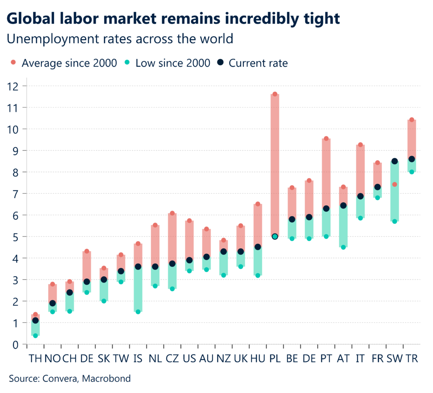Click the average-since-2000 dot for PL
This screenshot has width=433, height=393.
tap(275, 94)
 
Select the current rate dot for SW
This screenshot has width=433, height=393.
tap(395, 161)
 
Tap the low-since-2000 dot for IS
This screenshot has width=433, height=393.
tap(138, 312)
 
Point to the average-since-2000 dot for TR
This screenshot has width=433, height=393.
tap(411, 120)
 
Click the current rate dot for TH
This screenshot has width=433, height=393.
tap(36, 321)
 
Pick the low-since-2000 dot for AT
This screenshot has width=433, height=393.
tap(343, 247)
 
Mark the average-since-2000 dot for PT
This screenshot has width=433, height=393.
tap(326, 138)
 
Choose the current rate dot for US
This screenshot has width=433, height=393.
tap(189, 260)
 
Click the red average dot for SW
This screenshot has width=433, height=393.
tap(395, 184)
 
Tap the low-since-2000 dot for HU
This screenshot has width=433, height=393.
tap(258, 275)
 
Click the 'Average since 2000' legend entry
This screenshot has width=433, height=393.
tap(63, 63)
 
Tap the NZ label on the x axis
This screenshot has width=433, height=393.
tap(223, 359)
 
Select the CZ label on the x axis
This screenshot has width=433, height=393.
tap(172, 359)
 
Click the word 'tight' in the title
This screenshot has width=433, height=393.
tap(319, 19)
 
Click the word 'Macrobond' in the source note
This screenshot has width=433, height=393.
tap(106, 379)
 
